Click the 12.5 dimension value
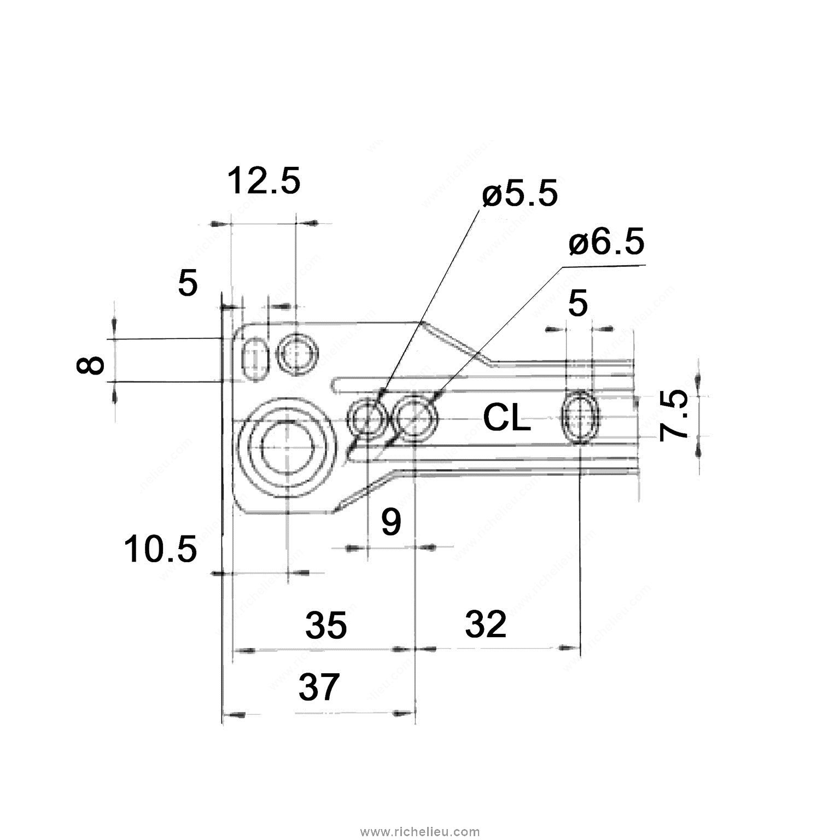264,182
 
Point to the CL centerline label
507,419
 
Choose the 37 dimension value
319,687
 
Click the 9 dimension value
390,522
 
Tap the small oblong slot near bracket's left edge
255,359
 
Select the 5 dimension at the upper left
188,284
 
